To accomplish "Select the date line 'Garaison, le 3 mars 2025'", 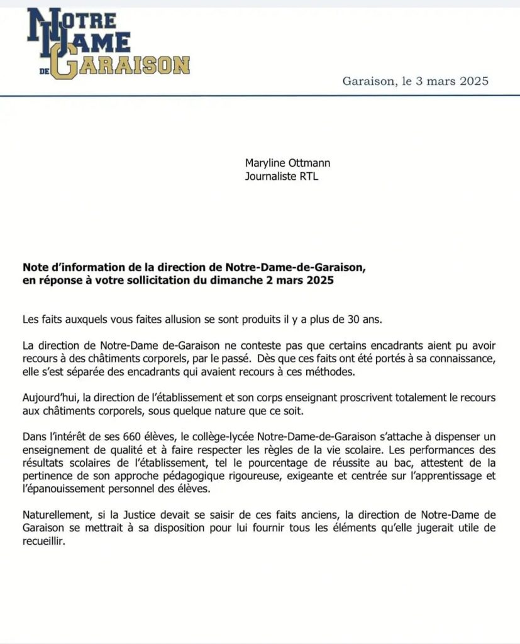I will tap(416, 81).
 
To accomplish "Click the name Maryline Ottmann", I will tap(287, 164).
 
